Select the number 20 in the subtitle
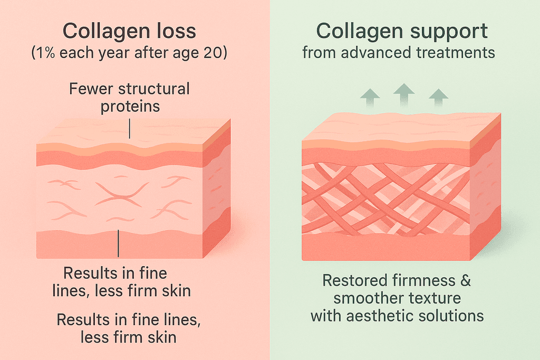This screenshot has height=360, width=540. [x=213, y=54]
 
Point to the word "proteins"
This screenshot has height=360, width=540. [x=130, y=106]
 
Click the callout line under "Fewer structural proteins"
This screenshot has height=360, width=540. [x=130, y=128]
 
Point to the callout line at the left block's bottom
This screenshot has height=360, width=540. [x=119, y=244]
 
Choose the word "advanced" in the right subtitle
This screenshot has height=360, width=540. [x=365, y=53]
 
